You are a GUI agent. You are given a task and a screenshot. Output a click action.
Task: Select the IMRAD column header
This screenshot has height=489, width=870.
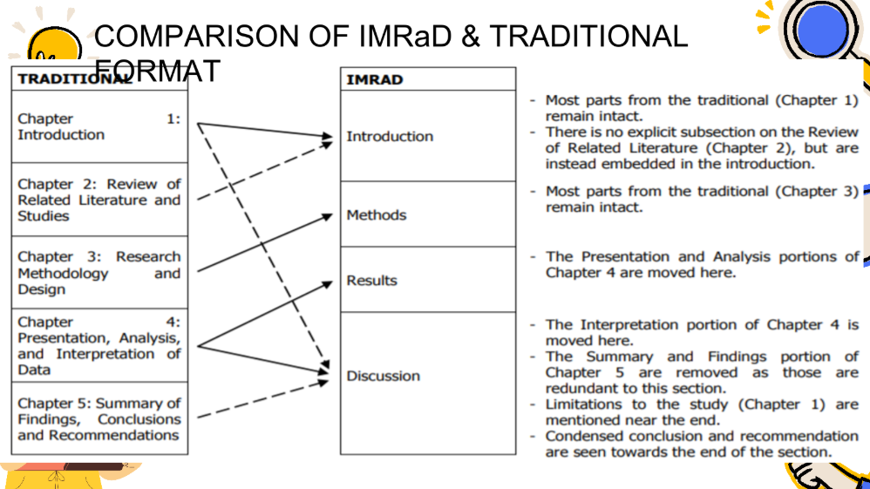coord(375,79)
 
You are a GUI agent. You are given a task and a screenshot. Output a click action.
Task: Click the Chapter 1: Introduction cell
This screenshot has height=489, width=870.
coord(99,126)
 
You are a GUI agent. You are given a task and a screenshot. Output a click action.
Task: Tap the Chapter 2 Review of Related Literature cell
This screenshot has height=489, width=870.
coord(99,200)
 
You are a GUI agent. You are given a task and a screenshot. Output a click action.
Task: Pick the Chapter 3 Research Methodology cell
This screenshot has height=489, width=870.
coord(99,273)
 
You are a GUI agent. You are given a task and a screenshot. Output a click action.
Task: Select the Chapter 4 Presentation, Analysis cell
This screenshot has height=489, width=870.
coord(99,345)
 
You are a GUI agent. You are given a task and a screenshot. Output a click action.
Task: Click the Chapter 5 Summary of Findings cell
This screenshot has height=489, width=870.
coord(99,419)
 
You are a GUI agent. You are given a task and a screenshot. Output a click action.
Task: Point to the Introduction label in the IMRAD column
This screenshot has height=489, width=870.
coord(390,136)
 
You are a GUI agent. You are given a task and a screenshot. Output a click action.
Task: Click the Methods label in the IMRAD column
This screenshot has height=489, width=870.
coord(377,214)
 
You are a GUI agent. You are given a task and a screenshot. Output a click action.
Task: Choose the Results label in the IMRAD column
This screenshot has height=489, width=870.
coord(371,281)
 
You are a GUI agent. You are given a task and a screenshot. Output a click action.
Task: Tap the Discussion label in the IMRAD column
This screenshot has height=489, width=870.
coord(383,377)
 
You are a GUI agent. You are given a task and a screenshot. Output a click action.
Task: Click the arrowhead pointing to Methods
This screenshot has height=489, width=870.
coord(328,214)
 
